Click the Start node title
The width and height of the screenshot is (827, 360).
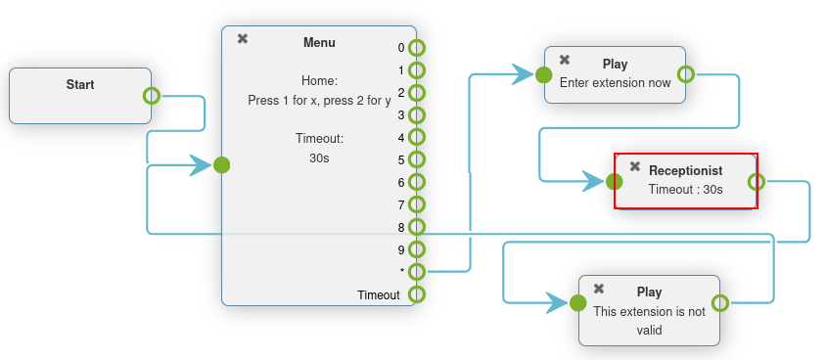click(80, 85)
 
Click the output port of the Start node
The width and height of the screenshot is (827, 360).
click(151, 96)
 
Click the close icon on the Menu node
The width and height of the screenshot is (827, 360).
click(243, 39)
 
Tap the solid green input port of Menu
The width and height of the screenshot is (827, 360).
click(222, 164)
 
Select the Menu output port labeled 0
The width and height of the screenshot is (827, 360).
click(417, 48)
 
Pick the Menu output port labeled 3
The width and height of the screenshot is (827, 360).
click(417, 115)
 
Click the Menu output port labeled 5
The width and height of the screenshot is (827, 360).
click(417, 159)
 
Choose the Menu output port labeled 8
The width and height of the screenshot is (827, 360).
click(417, 227)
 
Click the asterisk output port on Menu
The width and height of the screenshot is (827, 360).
click(417, 272)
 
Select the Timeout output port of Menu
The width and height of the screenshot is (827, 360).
click(417, 294)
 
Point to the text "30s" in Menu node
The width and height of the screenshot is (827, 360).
click(320, 157)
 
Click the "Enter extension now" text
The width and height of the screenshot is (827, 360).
click(616, 83)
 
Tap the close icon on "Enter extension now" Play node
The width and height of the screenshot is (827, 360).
click(565, 60)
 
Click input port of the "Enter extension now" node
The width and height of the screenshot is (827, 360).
click(543, 74)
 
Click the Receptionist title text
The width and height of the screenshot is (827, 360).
click(685, 170)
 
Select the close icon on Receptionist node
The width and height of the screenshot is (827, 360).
click(635, 166)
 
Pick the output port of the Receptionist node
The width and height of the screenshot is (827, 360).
click(757, 181)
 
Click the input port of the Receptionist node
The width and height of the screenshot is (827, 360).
click(615, 181)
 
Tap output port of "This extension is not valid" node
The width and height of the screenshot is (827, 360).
click(720, 302)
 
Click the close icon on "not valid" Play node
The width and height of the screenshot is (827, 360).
click(599, 289)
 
